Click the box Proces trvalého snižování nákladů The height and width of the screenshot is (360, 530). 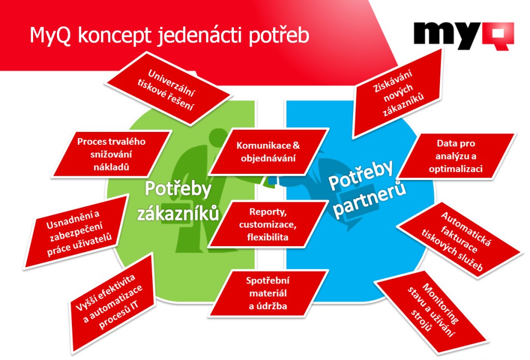[x=111, y=154]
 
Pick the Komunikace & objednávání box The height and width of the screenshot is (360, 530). [x=268, y=152]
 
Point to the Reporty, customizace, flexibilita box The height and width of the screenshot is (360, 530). [x=268, y=224]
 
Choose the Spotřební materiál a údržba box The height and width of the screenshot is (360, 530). [x=268, y=293]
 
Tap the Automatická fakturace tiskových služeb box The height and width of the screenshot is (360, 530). [x=459, y=241]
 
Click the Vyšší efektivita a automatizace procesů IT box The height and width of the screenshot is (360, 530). [x=112, y=302]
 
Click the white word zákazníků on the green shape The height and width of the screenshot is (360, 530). [x=178, y=214]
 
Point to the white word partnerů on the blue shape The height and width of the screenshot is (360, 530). [x=370, y=200]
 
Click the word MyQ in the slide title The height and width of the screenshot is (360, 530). [x=50, y=36]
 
